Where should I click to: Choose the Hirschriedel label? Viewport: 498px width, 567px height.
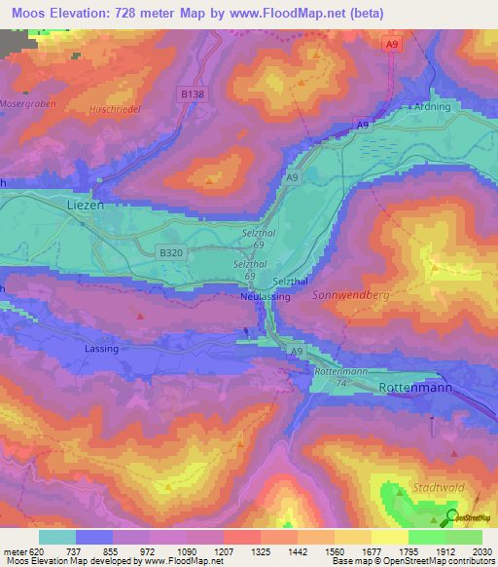tap(115, 110)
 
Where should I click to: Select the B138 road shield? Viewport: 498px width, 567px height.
tap(193, 94)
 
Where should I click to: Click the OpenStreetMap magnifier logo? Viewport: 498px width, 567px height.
tap(453, 516)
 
